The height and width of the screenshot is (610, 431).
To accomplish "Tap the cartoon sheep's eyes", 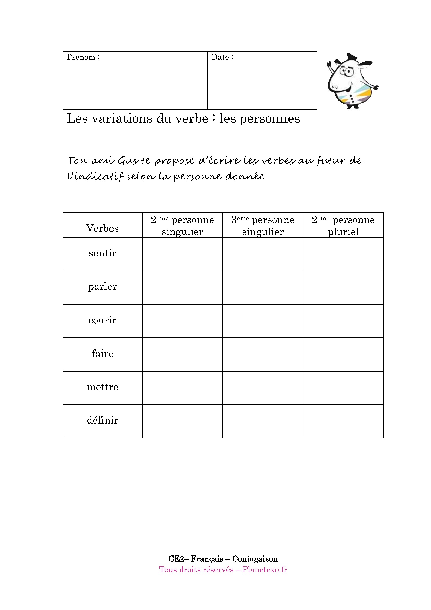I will pos(346,71).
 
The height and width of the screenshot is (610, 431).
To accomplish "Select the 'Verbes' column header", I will pos(102,228).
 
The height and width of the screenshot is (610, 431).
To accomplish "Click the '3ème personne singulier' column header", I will pos(263,226).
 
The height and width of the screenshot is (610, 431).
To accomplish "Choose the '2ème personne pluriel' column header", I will pos(343,226).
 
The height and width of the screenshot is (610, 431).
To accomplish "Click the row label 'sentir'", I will pos(102,253).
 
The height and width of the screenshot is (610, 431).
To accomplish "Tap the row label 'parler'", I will pos(102,287).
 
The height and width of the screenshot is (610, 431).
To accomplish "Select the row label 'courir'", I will pos(102,320).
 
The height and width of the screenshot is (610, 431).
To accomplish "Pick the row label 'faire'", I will pos(102,354).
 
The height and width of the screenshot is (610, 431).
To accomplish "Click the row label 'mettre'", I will pos(102,387).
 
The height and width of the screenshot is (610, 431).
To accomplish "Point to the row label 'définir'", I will pos(102,420).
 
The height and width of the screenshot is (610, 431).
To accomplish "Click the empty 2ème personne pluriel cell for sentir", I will pos(343,254).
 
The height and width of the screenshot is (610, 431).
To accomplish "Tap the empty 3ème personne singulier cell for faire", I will pos(263,354).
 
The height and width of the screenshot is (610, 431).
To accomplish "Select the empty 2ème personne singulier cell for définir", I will pos(182,421).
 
